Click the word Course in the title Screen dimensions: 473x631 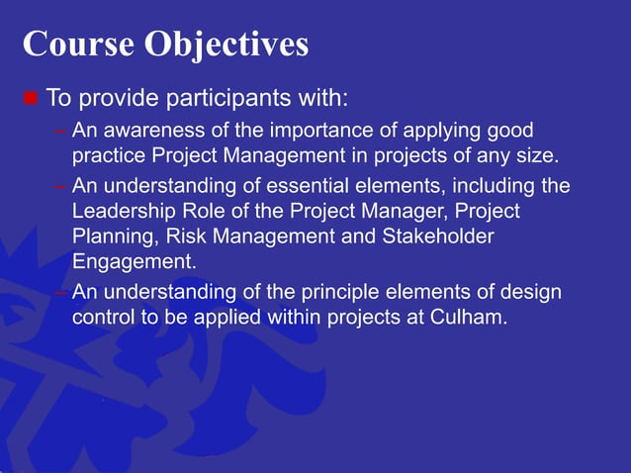[78, 44]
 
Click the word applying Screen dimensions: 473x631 [442, 132]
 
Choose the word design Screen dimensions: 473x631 [531, 293]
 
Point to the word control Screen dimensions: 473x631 [103, 318]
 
